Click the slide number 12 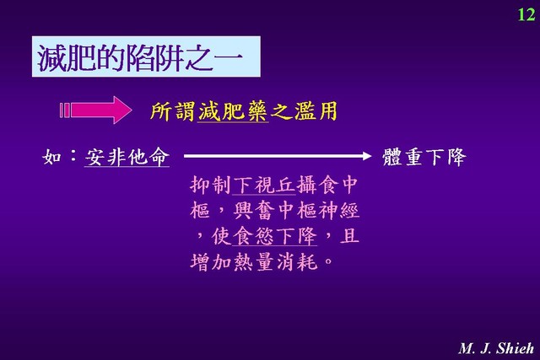pyautogui.click(x=526, y=14)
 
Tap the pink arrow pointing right pyautogui.click(x=95, y=110)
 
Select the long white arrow pyautogui.click(x=278, y=156)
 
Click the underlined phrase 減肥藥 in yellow pyautogui.click(x=233, y=111)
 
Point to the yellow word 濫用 pyautogui.click(x=316, y=111)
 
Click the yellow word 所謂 pyautogui.click(x=172, y=111)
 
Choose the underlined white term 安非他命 pyautogui.click(x=127, y=158)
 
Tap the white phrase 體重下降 pyautogui.click(x=424, y=158)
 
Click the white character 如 pyautogui.click(x=51, y=158)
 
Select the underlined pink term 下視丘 pyautogui.click(x=264, y=185)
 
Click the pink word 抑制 pyautogui.click(x=210, y=185)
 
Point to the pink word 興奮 pyautogui.click(x=254, y=211)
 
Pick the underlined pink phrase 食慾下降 pyautogui.click(x=274, y=236)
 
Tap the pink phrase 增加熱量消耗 pyautogui.click(x=253, y=262)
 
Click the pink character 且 pyautogui.click(x=349, y=236)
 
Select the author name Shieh pyautogui.click(x=515, y=348)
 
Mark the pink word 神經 pyautogui.click(x=338, y=211)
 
